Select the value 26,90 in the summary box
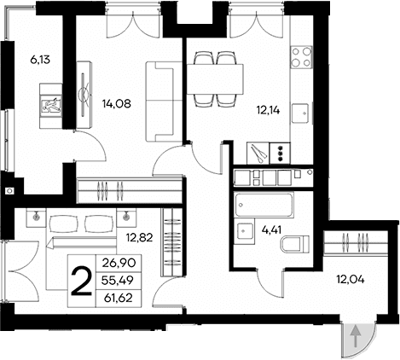click(119, 264)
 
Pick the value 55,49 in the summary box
click(119, 280)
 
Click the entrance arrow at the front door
click(354, 339)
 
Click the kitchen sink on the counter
click(299, 112)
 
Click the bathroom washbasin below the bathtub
click(243, 231)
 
